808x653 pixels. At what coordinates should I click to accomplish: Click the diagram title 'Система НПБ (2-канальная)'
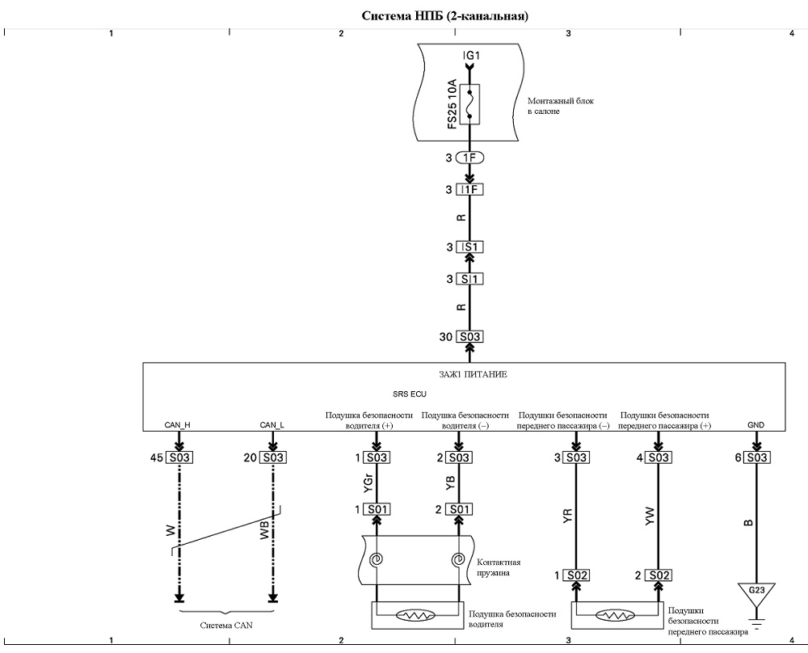[444, 16]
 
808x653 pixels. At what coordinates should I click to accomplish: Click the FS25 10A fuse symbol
[469, 104]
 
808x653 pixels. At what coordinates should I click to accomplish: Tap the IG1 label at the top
[471, 55]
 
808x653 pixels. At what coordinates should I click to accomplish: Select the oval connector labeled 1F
[469, 158]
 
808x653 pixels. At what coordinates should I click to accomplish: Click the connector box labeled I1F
[469, 190]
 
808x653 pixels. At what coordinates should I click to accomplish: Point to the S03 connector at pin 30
[469, 336]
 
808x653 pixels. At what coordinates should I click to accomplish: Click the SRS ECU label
[410, 394]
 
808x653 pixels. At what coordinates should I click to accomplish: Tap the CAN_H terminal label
[177, 425]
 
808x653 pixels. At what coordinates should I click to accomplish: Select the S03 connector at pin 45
[179, 457]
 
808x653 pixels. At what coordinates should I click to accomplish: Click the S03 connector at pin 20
[273, 457]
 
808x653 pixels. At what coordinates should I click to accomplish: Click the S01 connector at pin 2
[459, 510]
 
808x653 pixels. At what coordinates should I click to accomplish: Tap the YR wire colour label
[568, 516]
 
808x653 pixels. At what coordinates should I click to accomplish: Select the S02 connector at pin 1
[576, 575]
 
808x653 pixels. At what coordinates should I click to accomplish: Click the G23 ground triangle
[756, 591]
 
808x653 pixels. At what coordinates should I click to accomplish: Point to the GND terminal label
[756, 425]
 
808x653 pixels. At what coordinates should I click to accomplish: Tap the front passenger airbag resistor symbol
[615, 615]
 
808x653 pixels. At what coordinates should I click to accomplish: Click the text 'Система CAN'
[226, 626]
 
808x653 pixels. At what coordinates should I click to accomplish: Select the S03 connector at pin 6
[756, 457]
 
